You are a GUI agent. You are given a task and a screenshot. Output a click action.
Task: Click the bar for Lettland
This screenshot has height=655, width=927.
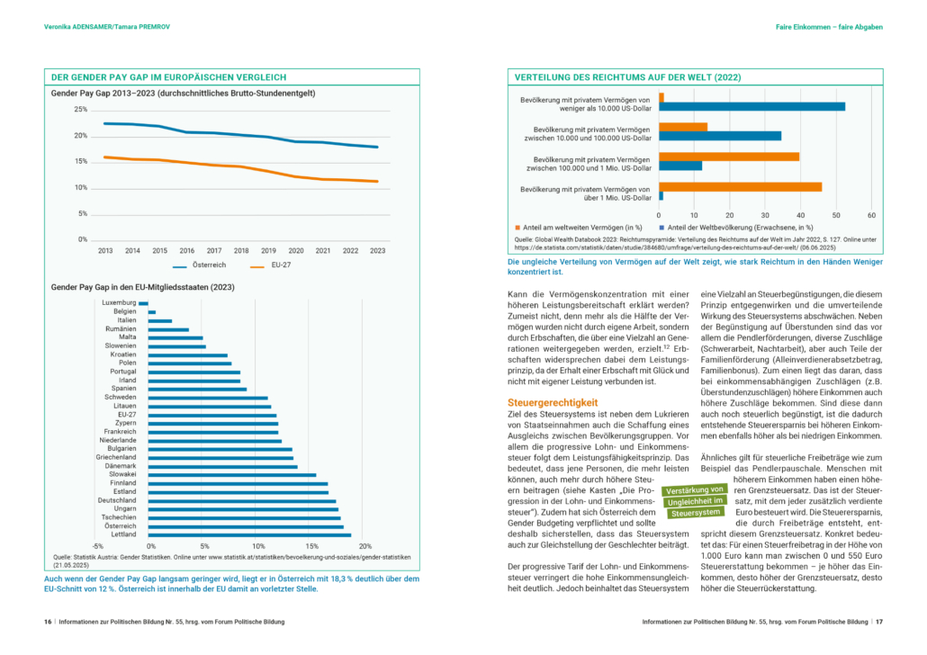249,535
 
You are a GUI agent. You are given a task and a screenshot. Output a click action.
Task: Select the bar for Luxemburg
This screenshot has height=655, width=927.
144,303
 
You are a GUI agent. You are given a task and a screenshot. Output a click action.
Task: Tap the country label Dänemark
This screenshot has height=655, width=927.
121,466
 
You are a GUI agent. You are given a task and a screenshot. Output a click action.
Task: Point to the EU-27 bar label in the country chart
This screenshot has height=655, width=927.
127,415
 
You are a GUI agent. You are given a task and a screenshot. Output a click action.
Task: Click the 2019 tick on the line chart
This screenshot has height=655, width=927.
268,251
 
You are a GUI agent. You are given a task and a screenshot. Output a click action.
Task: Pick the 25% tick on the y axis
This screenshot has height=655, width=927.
80,110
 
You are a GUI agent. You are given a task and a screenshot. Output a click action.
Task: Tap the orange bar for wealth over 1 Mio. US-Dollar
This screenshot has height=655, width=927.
740,187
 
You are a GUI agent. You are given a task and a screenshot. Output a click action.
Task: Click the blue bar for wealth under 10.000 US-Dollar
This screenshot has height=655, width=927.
752,107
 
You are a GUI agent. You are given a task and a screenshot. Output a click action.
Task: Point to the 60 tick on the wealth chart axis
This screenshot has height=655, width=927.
871,215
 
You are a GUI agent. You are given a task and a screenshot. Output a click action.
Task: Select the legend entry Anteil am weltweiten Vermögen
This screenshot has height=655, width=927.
579,228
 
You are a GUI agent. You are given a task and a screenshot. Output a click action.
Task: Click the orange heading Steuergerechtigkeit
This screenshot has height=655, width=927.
553,402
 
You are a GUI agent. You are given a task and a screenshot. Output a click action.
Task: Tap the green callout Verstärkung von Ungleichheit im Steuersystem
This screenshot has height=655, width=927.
695,501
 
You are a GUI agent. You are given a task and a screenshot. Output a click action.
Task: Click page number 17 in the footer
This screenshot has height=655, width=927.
879,622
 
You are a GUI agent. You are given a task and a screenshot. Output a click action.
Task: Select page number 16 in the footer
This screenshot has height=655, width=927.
48,622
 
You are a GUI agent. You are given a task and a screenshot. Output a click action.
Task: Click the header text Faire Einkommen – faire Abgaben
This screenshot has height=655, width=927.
829,27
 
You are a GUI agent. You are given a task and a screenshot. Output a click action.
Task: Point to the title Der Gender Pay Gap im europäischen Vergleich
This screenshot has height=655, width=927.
168,77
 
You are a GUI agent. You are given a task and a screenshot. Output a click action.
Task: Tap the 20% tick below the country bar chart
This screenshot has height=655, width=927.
365,546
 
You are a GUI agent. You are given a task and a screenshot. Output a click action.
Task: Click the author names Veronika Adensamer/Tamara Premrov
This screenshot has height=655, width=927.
107,27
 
